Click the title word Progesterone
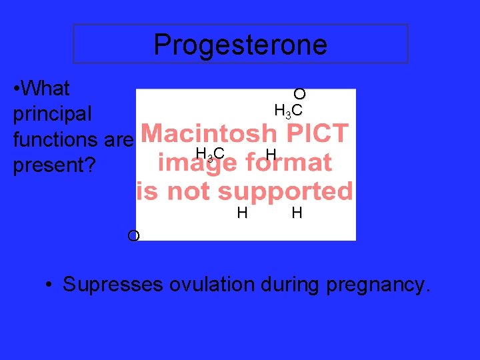coord(240,45)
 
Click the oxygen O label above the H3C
coord(299,94)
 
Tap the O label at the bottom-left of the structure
coord(133,236)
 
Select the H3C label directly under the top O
coord(289,111)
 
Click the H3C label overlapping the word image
coord(209,157)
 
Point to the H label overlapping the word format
coord(270,155)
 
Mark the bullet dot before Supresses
coord(49,286)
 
